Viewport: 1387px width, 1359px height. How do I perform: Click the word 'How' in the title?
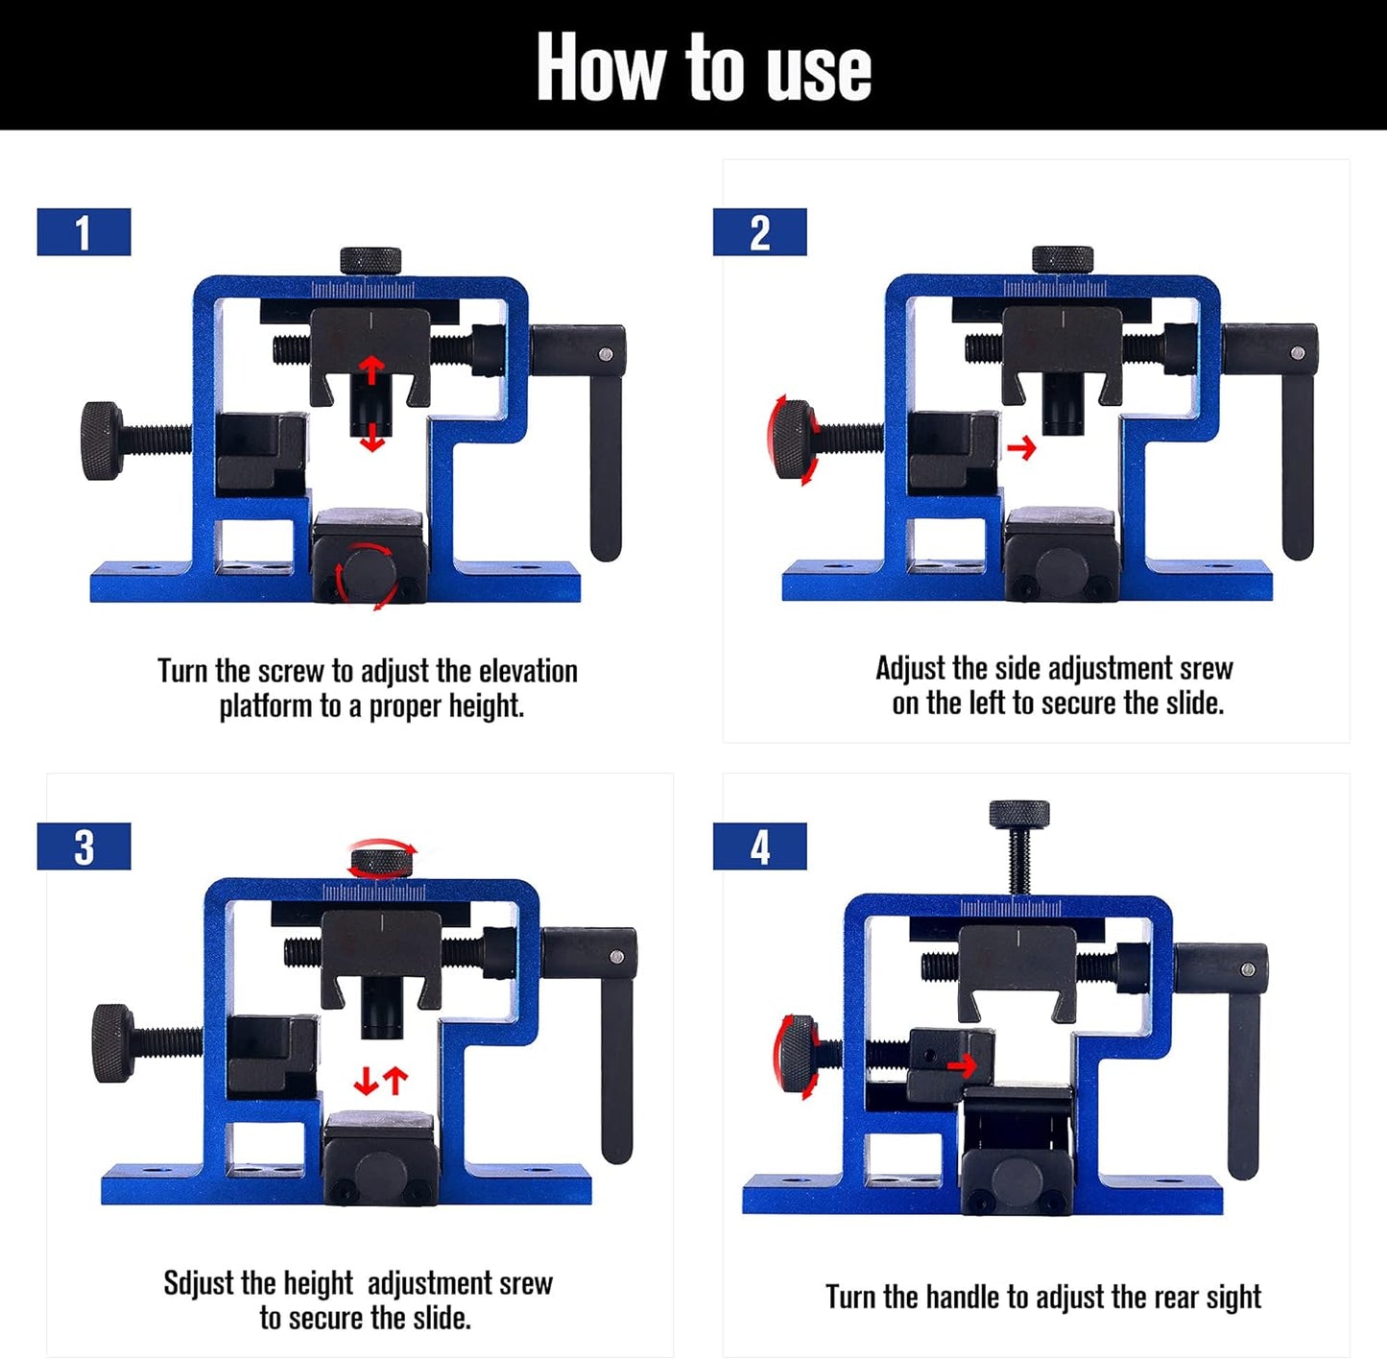pyautogui.click(x=600, y=66)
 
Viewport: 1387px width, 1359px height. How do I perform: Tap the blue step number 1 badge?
pyautogui.click(x=84, y=232)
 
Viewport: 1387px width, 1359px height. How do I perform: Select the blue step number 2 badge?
pyautogui.click(x=759, y=232)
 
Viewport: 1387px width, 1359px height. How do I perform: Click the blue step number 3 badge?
pyautogui.click(x=84, y=846)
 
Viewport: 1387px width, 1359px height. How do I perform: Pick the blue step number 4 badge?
pyautogui.click(x=759, y=846)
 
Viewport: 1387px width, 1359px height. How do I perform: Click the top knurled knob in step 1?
pyautogui.click(x=371, y=260)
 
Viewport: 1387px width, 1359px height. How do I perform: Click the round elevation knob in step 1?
pyautogui.click(x=370, y=573)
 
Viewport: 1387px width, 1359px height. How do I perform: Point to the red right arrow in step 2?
pyautogui.click(x=1022, y=447)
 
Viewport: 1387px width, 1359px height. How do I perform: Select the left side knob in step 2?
pyautogui.click(x=793, y=441)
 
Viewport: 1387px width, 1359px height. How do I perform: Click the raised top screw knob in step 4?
pyautogui.click(x=1019, y=815)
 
